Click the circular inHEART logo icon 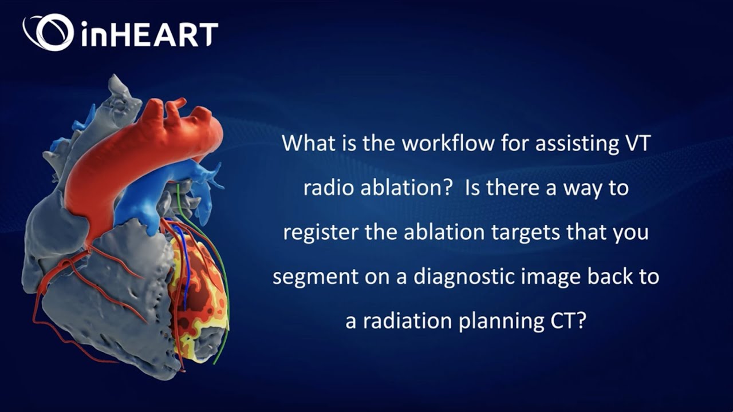tap(48, 32)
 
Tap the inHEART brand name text tap(149, 34)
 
